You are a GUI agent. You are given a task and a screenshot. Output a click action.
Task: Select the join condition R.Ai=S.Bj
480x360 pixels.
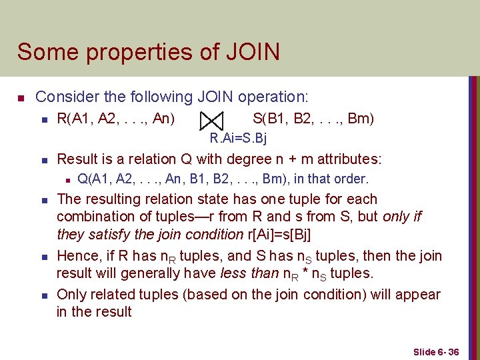click(x=238, y=139)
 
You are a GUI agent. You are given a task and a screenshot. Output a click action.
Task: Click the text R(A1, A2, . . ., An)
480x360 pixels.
click(x=116, y=119)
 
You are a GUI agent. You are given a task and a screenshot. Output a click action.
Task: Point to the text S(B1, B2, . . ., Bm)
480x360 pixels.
click(x=313, y=119)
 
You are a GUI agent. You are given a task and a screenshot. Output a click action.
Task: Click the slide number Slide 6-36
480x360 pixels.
click(x=436, y=351)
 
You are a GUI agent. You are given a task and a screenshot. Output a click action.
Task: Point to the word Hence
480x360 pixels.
click(x=77, y=256)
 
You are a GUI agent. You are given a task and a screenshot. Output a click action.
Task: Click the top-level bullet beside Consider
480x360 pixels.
click(x=21, y=98)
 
